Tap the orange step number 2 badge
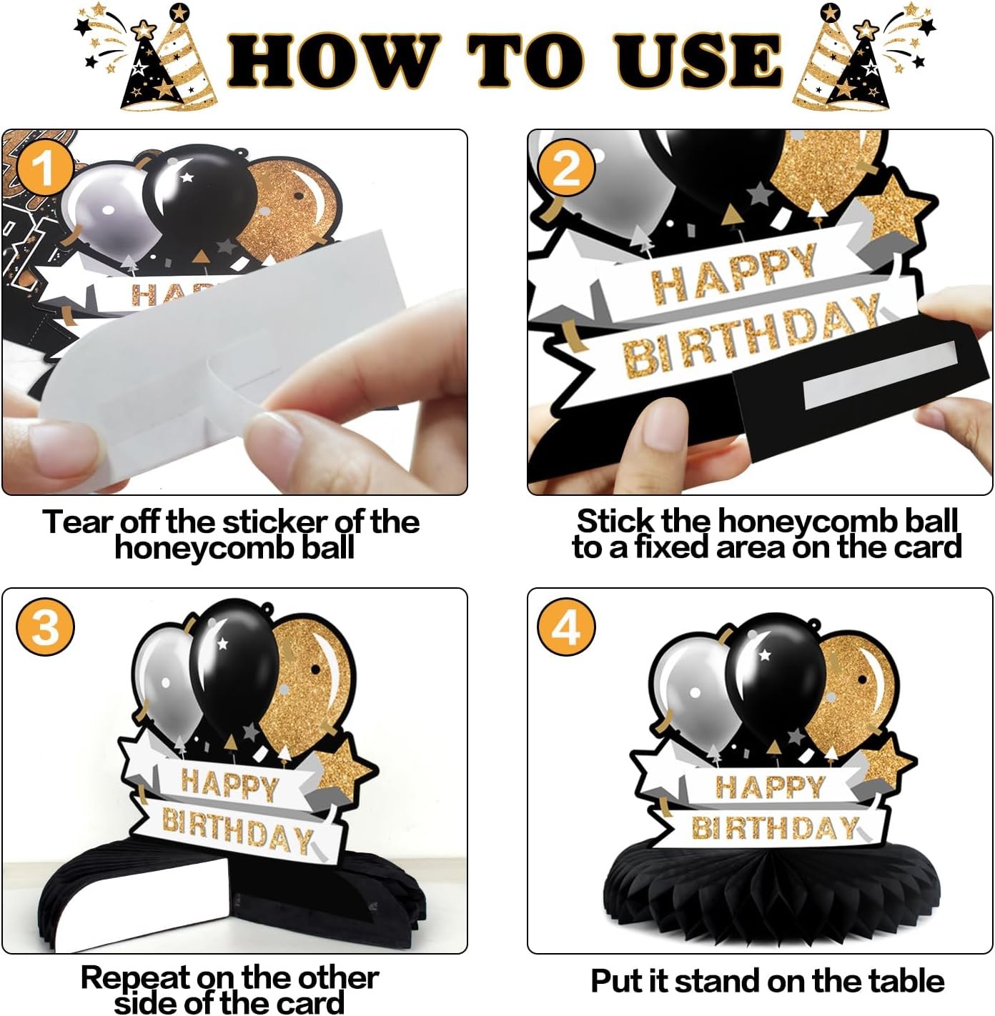click(566, 168)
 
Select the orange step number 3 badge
click(45, 627)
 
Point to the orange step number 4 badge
click(566, 627)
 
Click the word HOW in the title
click(334, 61)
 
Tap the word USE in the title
click(698, 61)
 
